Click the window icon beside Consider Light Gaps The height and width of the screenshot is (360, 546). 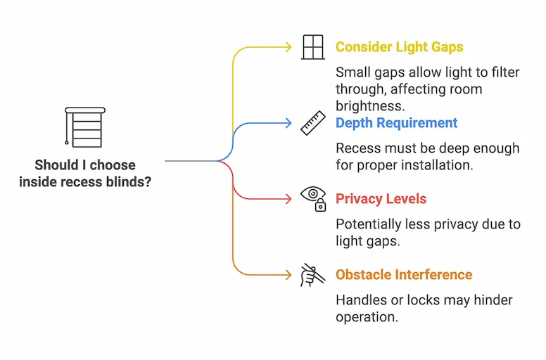(x=312, y=47)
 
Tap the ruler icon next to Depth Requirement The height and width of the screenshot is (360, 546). (x=312, y=123)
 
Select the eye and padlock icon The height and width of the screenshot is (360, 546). (x=313, y=198)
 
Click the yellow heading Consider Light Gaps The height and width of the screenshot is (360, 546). (x=399, y=47)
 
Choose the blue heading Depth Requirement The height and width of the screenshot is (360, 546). (x=397, y=123)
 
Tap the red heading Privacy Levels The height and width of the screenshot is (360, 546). (x=381, y=199)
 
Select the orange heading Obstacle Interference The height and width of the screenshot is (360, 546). (x=404, y=275)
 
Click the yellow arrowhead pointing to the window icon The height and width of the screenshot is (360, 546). (x=288, y=47)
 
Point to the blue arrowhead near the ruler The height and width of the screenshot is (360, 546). (x=288, y=123)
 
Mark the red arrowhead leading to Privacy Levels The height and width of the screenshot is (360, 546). (x=288, y=199)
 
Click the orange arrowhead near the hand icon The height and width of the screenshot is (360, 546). (x=288, y=275)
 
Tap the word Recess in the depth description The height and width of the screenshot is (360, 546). (x=359, y=148)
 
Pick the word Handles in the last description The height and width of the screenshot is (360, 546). (x=360, y=300)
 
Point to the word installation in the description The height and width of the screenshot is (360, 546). (x=437, y=166)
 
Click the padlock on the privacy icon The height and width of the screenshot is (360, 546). (x=320, y=206)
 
